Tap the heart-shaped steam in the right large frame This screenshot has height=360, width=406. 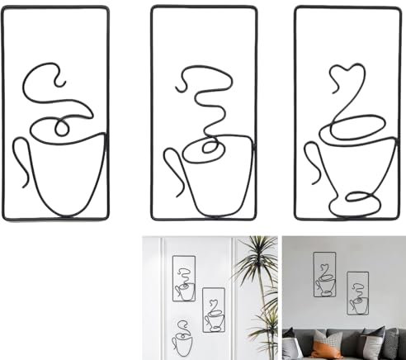click(x=342, y=77)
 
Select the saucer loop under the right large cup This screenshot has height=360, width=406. click(x=361, y=197)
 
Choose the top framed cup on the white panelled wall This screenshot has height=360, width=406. click(x=184, y=278)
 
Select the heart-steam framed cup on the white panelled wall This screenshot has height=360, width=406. click(x=214, y=310)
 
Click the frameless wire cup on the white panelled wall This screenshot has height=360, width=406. click(x=182, y=341)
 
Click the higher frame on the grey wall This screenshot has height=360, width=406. click(x=324, y=273)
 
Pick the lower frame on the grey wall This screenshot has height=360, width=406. click(x=357, y=293)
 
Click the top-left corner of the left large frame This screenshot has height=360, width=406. click(x=5, y=7)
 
